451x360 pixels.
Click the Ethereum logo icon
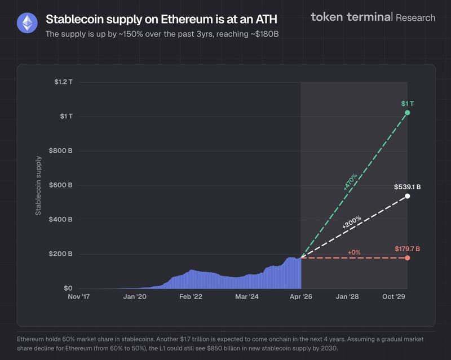click(x=26, y=23)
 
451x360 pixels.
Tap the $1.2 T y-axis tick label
click(x=63, y=82)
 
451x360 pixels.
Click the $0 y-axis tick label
click(x=67, y=288)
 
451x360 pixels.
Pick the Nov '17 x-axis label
click(x=79, y=296)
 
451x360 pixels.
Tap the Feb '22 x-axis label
click(x=191, y=296)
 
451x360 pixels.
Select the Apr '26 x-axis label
click(x=300, y=296)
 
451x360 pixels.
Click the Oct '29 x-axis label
click(x=394, y=296)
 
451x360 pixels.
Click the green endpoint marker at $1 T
click(x=408, y=113)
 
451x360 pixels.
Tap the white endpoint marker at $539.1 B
click(x=408, y=196)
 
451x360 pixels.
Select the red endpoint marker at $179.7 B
click(x=408, y=258)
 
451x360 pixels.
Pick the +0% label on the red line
click(x=354, y=252)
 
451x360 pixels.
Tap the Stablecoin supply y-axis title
click(x=38, y=185)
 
